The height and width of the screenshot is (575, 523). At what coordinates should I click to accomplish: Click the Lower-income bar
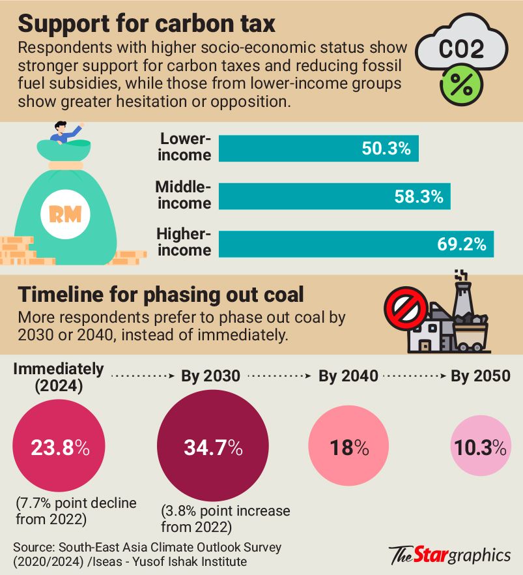pyautogui.click(x=318, y=148)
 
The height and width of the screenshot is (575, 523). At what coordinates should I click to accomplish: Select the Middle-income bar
pyautogui.click(x=335, y=196)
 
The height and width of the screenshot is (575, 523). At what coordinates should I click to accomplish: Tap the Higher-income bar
pyautogui.click(x=356, y=243)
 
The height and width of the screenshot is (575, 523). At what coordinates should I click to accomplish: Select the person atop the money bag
pyautogui.click(x=64, y=133)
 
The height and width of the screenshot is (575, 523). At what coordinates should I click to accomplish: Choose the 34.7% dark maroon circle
pyautogui.click(x=203, y=449)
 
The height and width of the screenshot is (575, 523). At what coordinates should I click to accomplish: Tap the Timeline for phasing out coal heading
pyautogui.click(x=160, y=294)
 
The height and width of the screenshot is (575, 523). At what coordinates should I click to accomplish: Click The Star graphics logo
pyautogui.click(x=450, y=555)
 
